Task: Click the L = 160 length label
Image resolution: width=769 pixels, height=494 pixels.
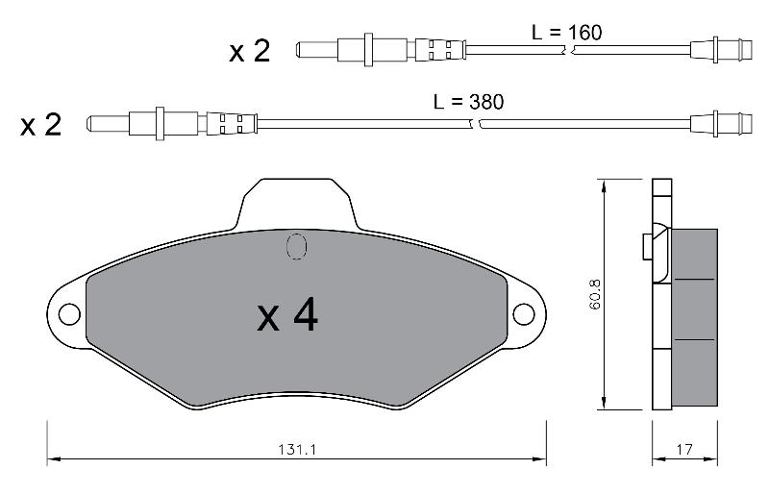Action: tap(566, 33)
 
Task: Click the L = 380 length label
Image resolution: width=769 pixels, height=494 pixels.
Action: tap(468, 102)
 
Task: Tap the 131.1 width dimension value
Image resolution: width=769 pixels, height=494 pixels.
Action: tap(297, 450)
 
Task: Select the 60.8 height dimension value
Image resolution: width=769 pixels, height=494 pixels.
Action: tap(595, 294)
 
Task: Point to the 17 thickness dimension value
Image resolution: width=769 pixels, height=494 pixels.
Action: tap(684, 450)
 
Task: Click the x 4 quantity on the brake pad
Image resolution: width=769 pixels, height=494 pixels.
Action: tap(287, 316)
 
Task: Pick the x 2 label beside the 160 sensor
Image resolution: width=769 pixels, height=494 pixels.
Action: tap(249, 51)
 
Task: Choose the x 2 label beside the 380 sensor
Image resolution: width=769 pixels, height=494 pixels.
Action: tap(40, 125)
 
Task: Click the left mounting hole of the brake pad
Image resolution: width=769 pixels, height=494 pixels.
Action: tap(69, 314)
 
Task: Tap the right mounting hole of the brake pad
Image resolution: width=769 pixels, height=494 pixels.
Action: tap(523, 314)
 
